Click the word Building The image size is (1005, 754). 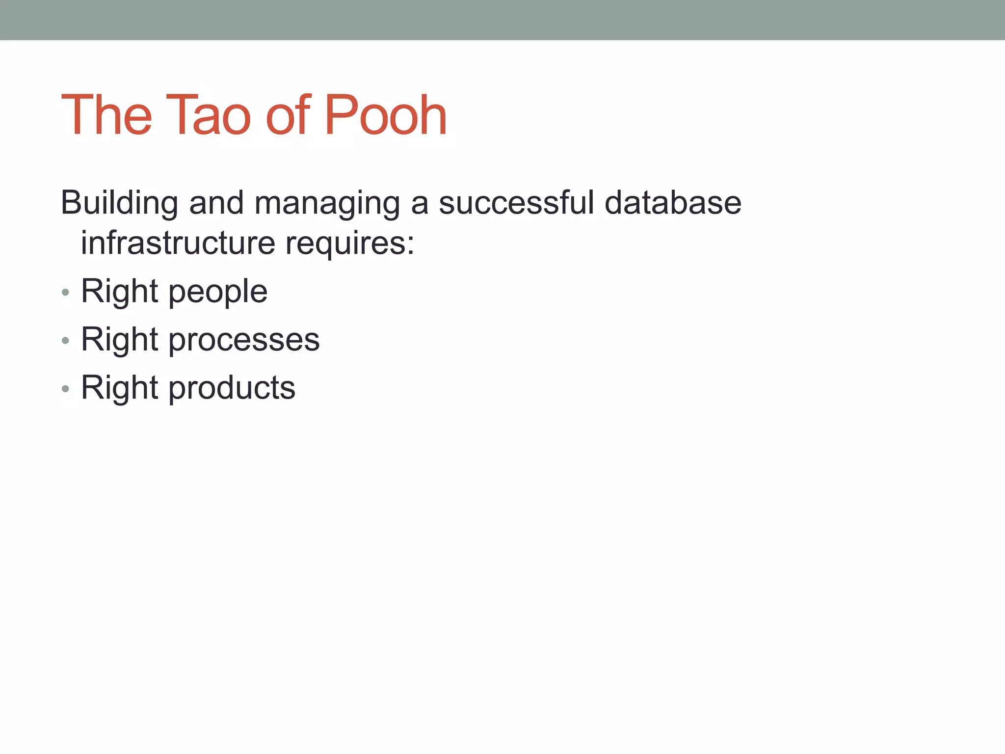point(119,203)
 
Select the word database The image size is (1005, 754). point(673,203)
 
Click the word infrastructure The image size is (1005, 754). point(178,242)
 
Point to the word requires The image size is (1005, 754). point(349,243)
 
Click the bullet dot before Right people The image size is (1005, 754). point(65,293)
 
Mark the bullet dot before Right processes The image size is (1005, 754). point(65,341)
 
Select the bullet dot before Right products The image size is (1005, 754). point(65,389)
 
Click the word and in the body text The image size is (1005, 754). point(216,203)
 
